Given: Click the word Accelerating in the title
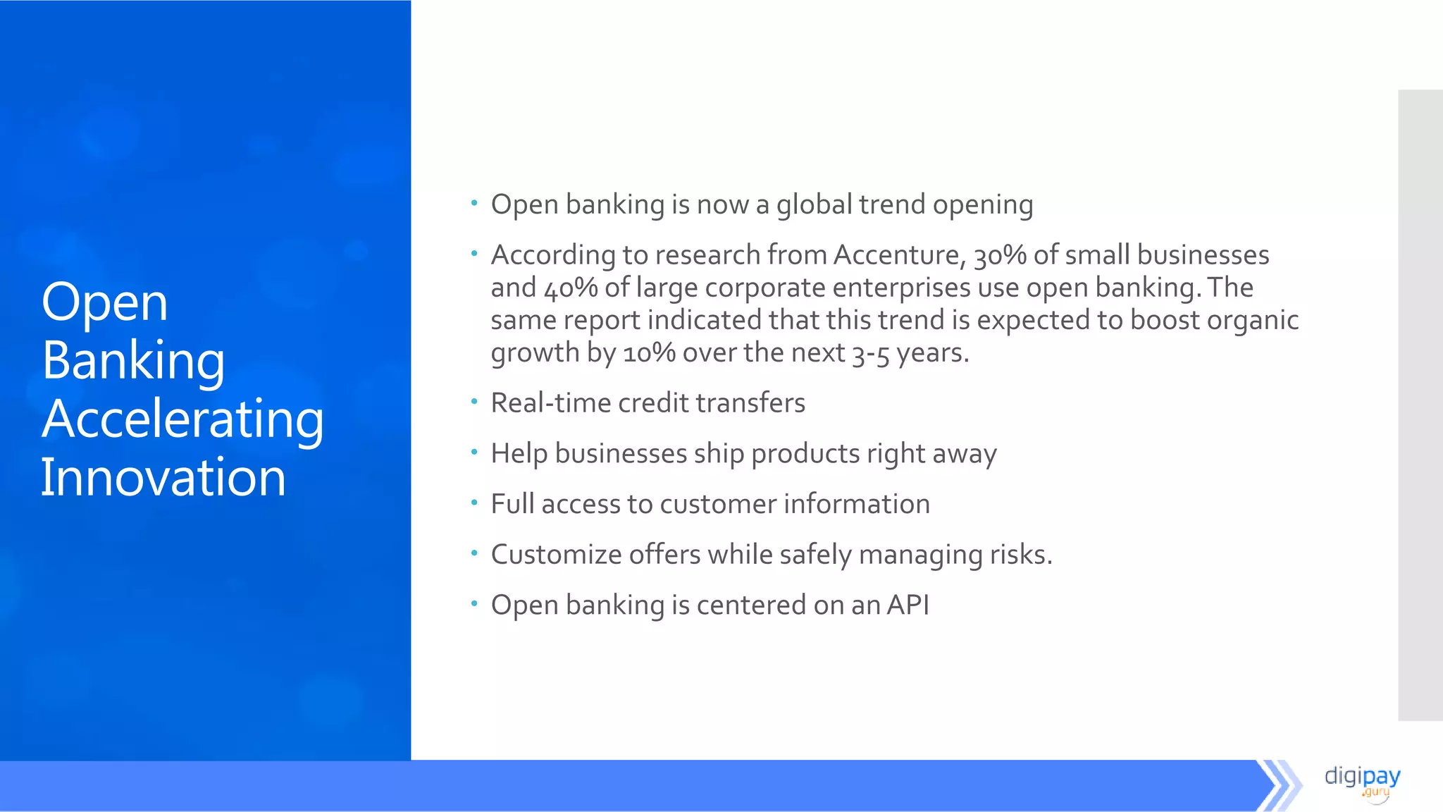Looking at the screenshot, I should (182, 419).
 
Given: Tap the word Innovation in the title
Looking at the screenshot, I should (163, 478).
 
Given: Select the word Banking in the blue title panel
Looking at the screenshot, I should (133, 361).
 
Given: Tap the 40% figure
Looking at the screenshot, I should (570, 288).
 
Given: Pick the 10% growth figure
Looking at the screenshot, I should (649, 352).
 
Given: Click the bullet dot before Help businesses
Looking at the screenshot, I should (474, 451).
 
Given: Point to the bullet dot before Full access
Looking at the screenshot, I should (474, 502).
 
